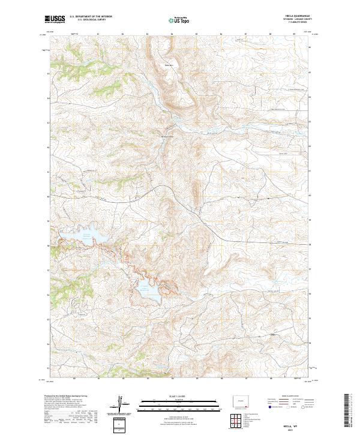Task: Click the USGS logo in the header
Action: (55, 20)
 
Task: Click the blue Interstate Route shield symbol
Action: (269, 406)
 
